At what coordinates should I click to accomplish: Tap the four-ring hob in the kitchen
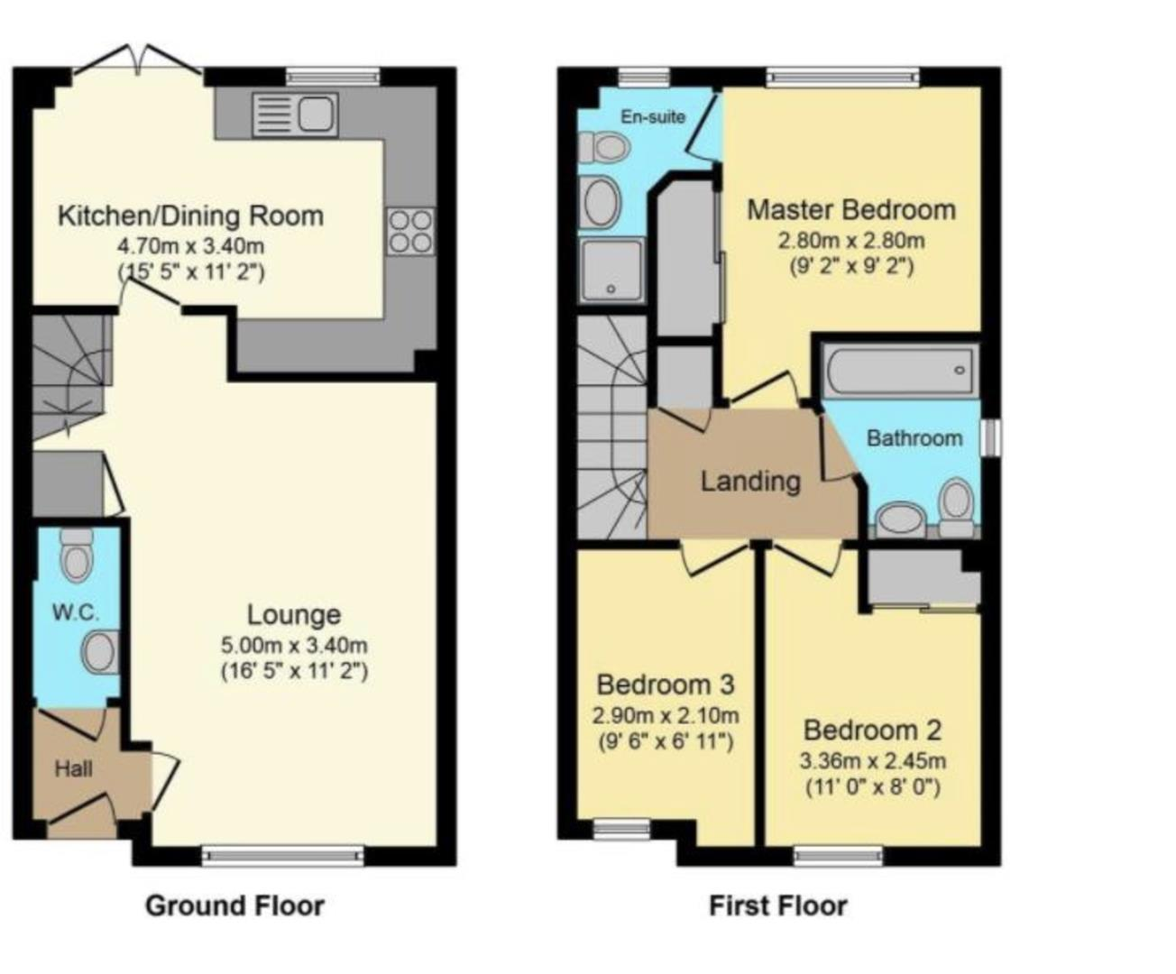[x=410, y=232]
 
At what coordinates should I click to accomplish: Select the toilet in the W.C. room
[x=76, y=555]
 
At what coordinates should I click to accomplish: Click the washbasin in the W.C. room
[x=101, y=652]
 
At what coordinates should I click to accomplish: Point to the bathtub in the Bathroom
[x=899, y=370]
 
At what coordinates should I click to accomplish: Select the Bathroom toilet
[x=956, y=506]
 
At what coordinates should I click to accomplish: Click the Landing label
[x=750, y=482]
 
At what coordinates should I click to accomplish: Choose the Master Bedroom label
[x=851, y=210]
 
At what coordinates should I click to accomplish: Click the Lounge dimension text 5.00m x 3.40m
[x=294, y=645]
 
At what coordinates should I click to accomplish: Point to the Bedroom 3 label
[x=666, y=685]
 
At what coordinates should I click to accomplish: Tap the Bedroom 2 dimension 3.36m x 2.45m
[x=872, y=761]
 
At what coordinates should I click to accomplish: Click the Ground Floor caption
[x=234, y=906]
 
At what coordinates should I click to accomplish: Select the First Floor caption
[x=777, y=906]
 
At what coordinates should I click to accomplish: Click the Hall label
[x=73, y=769]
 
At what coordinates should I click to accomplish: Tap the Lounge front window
[x=283, y=856]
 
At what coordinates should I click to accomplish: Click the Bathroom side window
[x=992, y=437]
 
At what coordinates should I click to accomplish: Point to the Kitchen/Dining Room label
[x=191, y=216]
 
